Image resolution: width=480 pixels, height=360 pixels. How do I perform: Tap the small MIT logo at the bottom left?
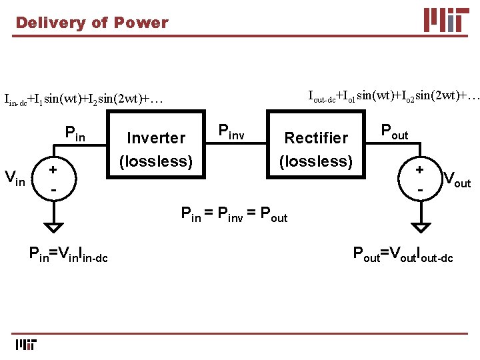(25, 345)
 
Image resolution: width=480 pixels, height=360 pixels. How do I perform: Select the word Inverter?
(156, 138)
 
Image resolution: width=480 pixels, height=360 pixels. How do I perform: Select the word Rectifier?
(316, 138)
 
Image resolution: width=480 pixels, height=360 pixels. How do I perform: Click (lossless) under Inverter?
(156, 161)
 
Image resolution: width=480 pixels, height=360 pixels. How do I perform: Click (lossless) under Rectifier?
(316, 161)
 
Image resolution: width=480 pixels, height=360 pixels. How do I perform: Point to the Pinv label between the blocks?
(232, 132)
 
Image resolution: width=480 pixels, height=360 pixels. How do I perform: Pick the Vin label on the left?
(16, 178)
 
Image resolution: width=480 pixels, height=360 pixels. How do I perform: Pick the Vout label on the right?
(457, 179)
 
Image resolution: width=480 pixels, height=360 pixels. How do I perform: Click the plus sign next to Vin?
(51, 169)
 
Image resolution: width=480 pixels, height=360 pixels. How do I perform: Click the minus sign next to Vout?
(420, 189)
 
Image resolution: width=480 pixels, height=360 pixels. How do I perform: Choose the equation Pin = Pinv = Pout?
(235, 215)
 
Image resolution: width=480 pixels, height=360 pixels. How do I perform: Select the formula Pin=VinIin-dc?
(69, 254)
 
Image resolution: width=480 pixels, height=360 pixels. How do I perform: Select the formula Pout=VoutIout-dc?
(403, 254)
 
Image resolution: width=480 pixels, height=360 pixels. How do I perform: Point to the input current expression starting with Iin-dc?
(83, 100)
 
